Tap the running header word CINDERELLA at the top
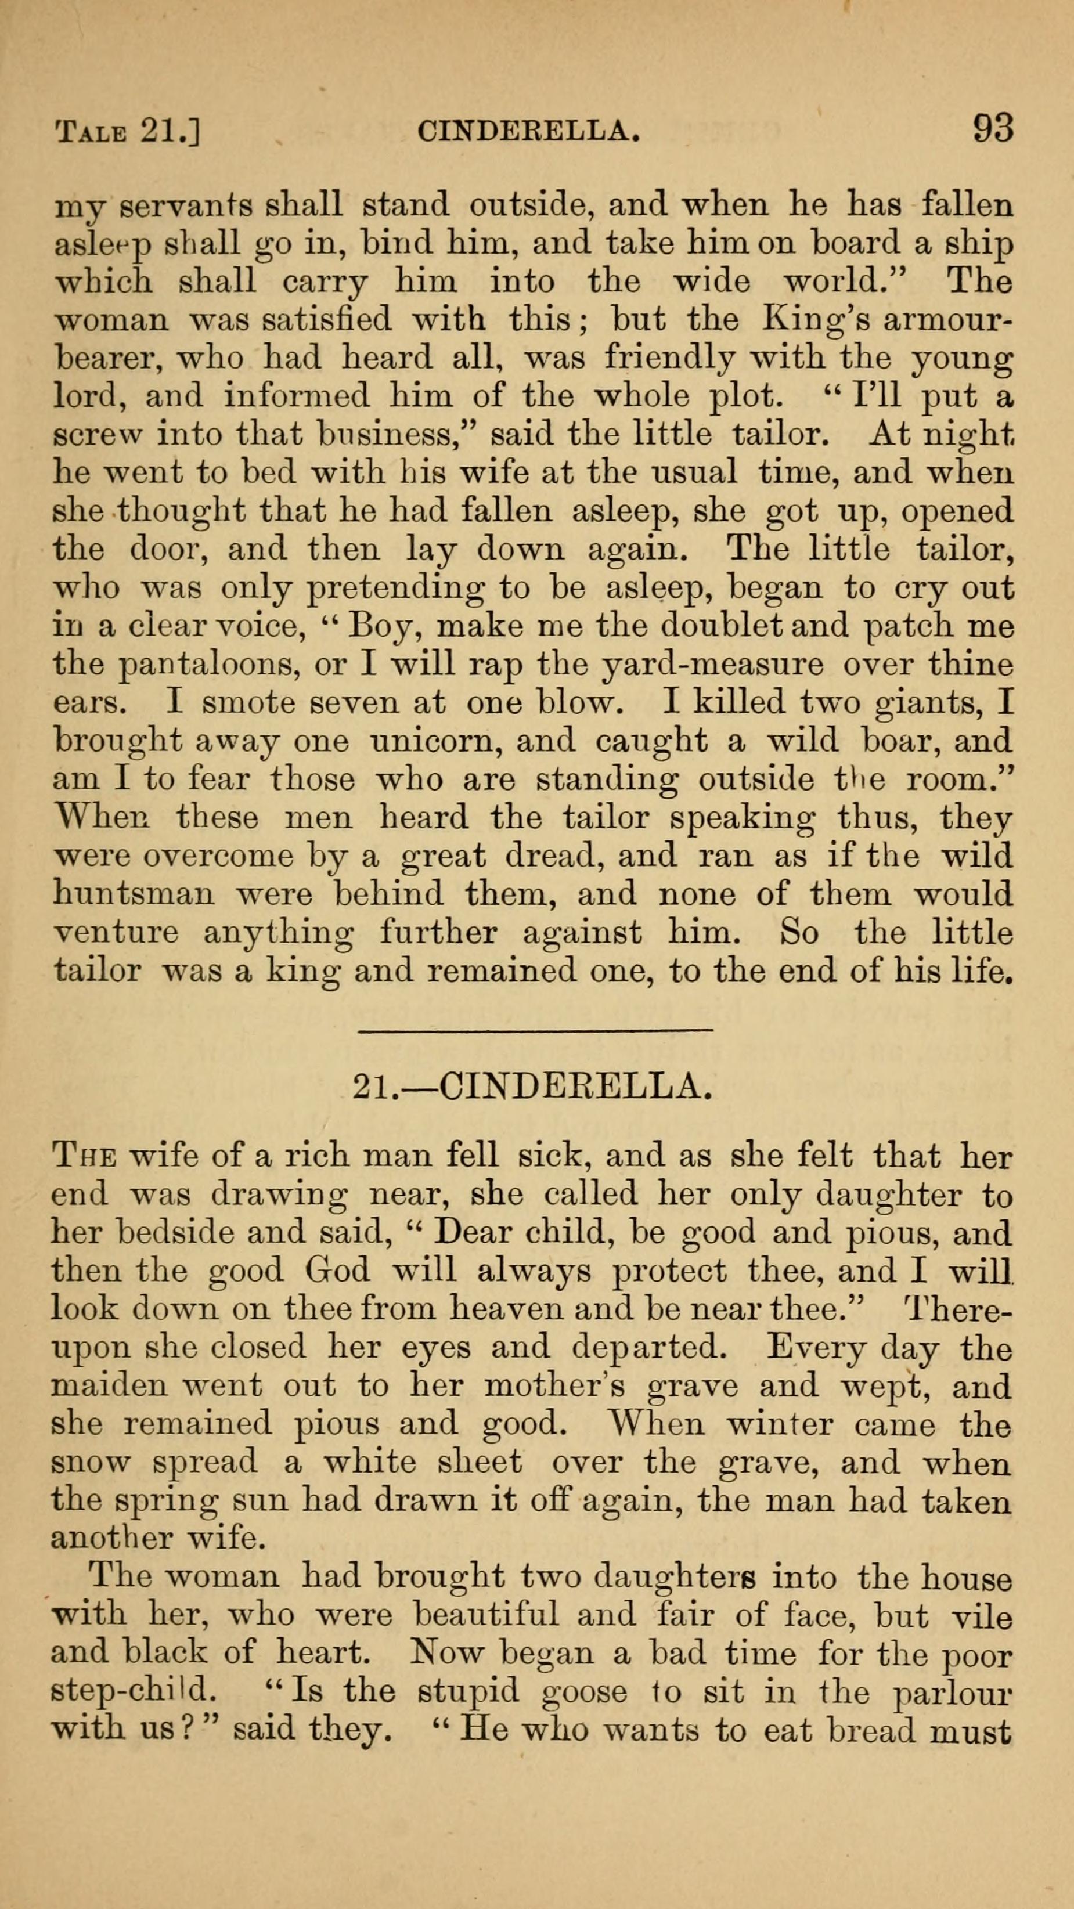[528, 131]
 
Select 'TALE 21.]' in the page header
[128, 132]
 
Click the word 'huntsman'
[134, 894]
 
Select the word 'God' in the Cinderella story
[337, 1270]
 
